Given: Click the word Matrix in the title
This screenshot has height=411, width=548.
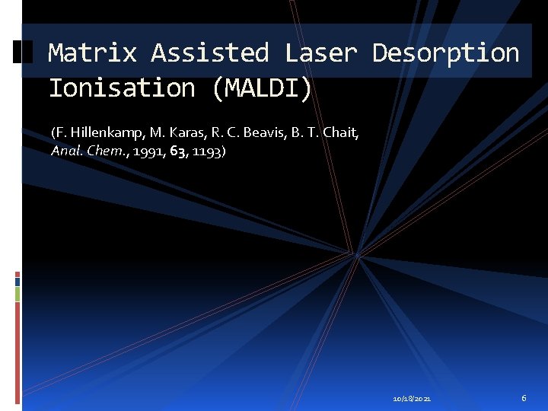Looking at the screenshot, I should (x=92, y=53).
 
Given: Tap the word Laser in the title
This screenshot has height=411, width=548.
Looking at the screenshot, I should (x=320, y=53).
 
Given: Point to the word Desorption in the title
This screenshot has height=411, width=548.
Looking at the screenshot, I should (x=445, y=53).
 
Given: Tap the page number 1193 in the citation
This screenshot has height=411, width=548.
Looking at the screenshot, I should (x=206, y=151).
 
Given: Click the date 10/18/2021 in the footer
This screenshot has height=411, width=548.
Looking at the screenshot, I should (x=412, y=398).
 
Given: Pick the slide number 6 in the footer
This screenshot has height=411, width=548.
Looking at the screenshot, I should (x=524, y=398).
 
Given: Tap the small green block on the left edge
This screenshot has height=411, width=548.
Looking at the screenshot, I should (x=18, y=293).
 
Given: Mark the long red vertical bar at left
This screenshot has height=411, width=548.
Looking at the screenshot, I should (x=18, y=350).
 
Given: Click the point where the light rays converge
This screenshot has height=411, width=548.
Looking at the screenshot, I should (x=355, y=253).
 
